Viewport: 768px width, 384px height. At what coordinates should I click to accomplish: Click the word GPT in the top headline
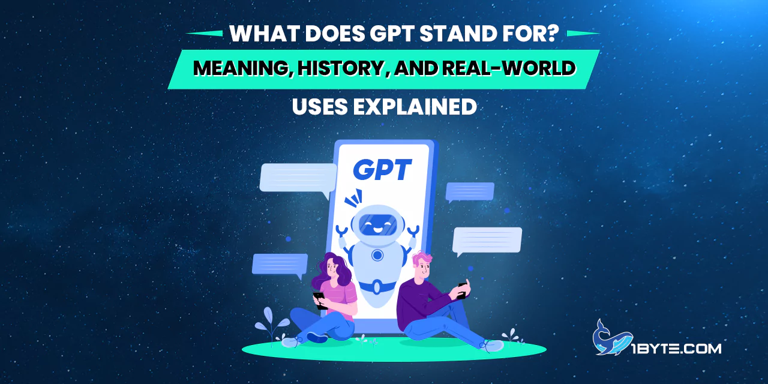tap(392, 34)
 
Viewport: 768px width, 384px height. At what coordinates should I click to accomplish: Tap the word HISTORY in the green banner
tap(340, 68)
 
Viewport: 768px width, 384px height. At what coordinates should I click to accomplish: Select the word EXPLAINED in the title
tap(415, 107)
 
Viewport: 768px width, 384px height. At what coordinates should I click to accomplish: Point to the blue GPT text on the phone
tap(382, 169)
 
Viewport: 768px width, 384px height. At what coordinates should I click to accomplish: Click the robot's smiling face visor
tap(377, 225)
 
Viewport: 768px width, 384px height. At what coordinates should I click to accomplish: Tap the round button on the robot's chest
tap(377, 255)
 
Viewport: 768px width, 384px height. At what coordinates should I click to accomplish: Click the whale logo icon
tap(612, 338)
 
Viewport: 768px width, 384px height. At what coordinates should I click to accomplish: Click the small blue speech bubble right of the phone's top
tap(470, 192)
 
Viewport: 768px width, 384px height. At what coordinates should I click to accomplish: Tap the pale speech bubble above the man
tap(487, 241)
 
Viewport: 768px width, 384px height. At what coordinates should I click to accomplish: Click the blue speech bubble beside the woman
tap(280, 265)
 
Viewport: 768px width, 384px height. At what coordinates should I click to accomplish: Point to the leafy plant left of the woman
tap(272, 325)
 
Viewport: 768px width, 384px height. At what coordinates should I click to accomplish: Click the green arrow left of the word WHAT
tap(204, 33)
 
